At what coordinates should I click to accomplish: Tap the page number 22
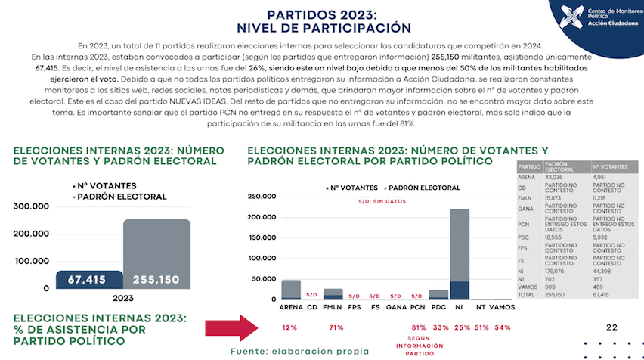[x=612, y=327]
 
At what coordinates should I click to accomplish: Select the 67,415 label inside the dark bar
[x=88, y=280]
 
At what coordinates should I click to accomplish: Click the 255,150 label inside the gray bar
[x=156, y=280]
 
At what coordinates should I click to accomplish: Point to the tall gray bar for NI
[x=460, y=246]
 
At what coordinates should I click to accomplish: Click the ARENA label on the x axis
[x=291, y=308]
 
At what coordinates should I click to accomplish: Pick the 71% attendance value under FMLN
[x=333, y=327]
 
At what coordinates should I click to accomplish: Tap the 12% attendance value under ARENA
[x=290, y=327]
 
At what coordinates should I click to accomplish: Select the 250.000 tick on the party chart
[x=262, y=197]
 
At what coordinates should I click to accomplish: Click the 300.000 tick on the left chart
[x=32, y=206]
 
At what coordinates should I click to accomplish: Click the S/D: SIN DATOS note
[x=382, y=202]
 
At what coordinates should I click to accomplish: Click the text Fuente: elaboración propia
[x=299, y=351]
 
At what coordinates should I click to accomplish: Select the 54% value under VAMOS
[x=502, y=327]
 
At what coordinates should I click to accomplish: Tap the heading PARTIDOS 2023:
[x=322, y=14]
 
